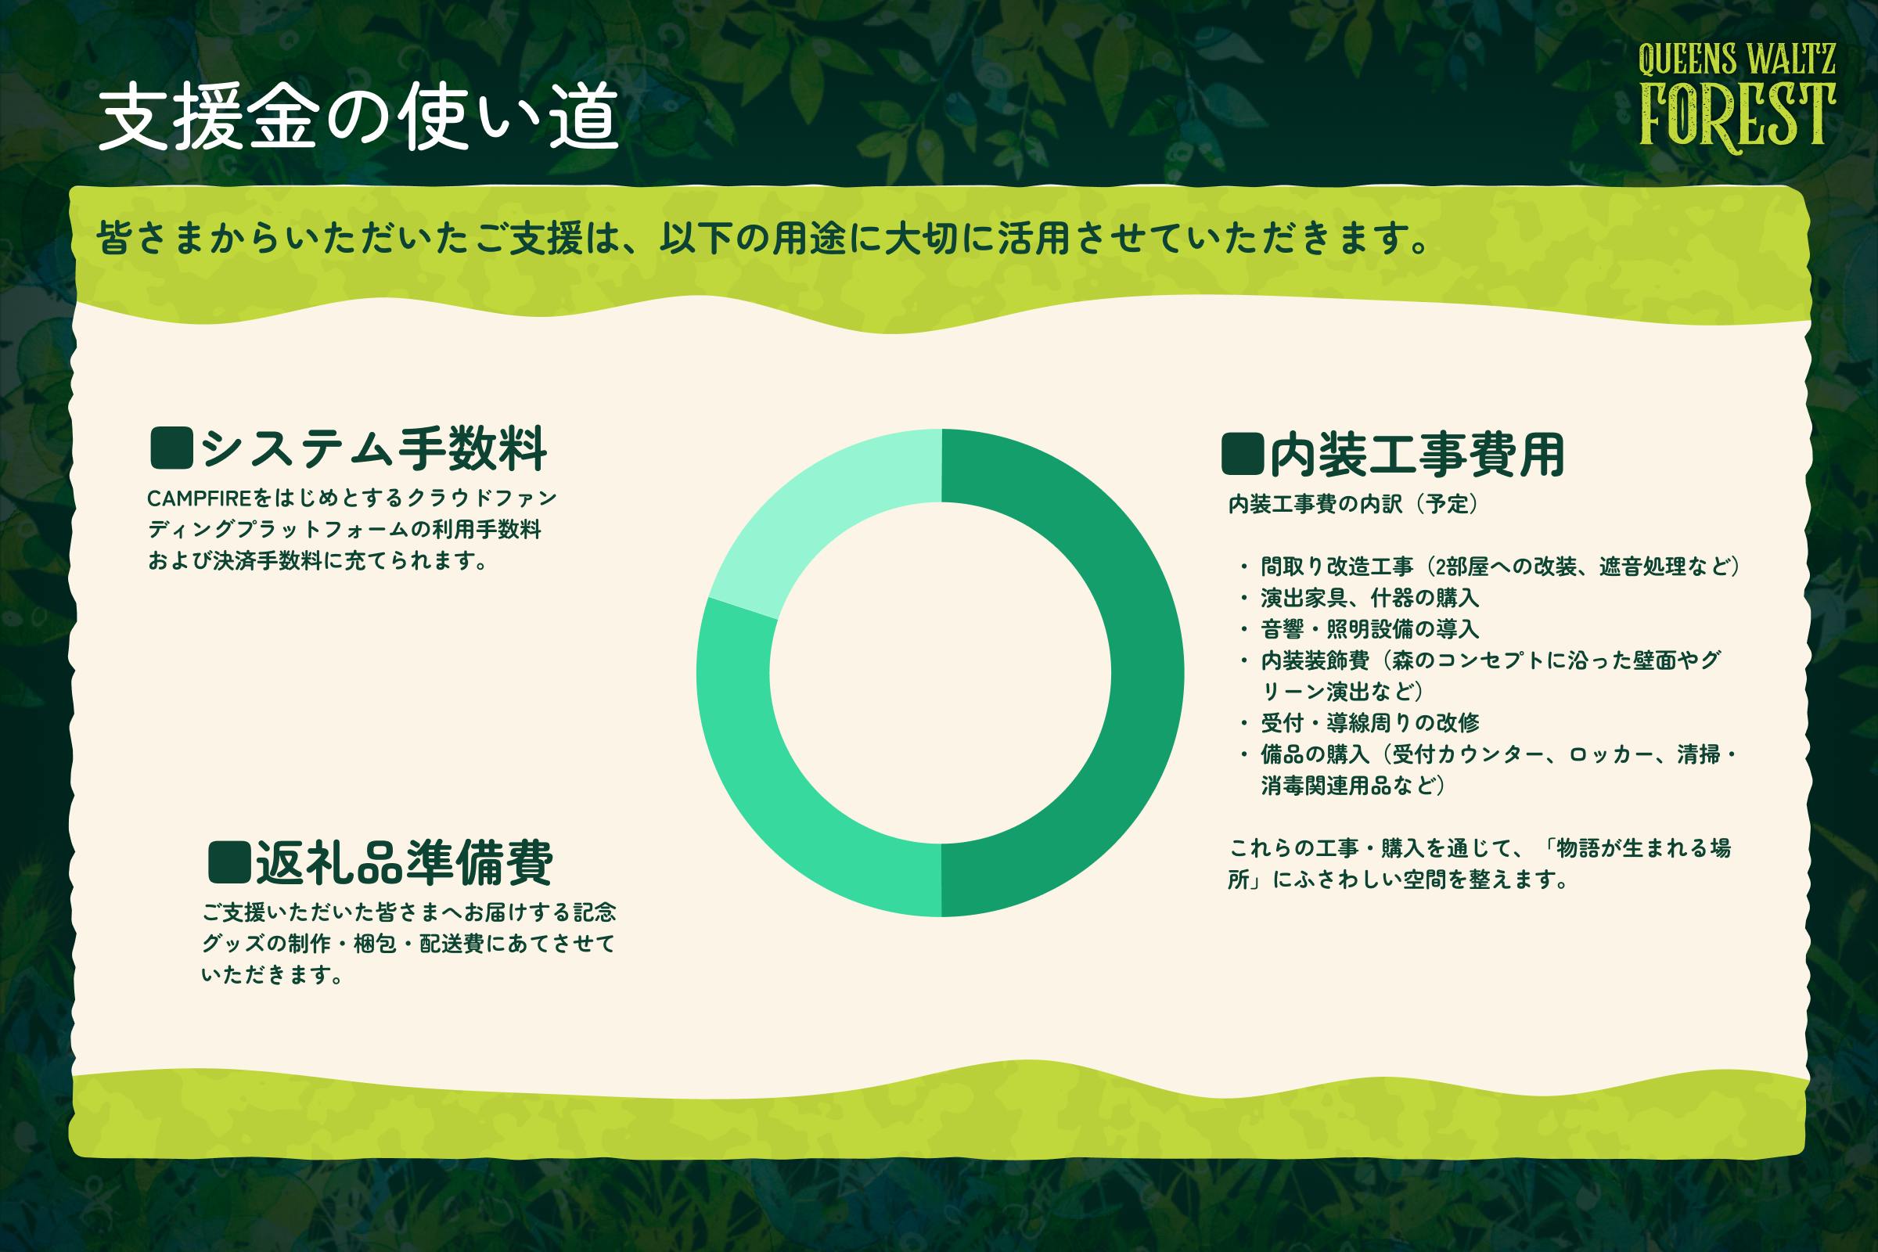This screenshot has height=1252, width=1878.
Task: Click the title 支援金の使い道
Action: coord(358,117)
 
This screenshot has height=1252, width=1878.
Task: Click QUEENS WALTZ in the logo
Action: coord(1736,60)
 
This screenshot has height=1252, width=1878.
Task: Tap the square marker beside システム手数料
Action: coord(171,448)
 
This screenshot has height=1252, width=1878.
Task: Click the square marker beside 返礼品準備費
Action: coord(229,862)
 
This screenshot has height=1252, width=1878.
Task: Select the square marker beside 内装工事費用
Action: coord(1243,454)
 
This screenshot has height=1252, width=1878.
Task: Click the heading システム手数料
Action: coord(374,448)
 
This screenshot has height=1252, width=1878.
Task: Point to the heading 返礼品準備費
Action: coord(404,862)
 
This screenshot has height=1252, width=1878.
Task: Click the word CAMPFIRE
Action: coord(200,499)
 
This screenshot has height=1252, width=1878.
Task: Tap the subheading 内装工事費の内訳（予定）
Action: coord(1354,504)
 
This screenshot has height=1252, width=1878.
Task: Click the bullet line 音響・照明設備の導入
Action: coord(1370,629)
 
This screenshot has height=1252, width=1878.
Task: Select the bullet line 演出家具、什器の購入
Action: coord(1370,597)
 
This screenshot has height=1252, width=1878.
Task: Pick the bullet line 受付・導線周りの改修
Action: coord(1370,722)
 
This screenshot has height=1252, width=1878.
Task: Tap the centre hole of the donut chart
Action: coord(941,672)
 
